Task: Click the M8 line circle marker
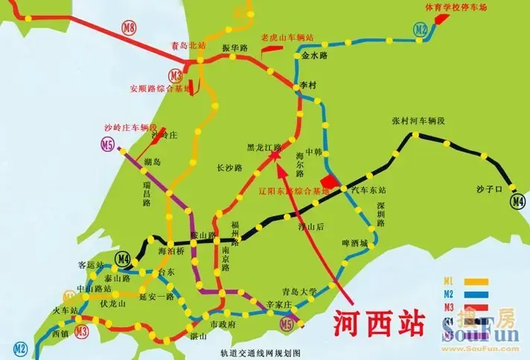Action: [x=130, y=29]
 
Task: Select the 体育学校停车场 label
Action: [x=477, y=7]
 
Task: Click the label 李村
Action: [x=308, y=86]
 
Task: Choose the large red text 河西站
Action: [x=377, y=324]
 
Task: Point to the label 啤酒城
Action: [x=354, y=242]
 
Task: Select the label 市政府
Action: [x=223, y=325]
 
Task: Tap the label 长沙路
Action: [x=229, y=168]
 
